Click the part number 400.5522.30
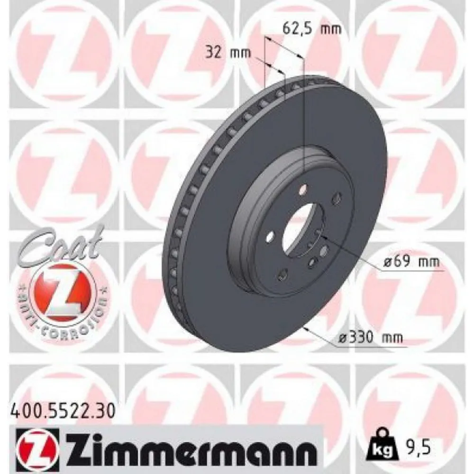62,409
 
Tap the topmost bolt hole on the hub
302,191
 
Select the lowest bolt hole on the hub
283,273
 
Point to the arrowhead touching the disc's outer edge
309,329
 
